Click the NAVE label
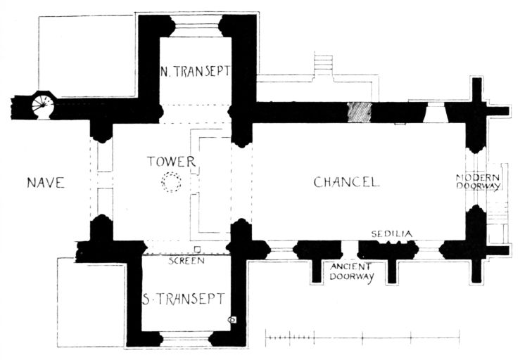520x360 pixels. (46, 183)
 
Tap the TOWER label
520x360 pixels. (172, 162)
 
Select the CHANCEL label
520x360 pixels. (347, 182)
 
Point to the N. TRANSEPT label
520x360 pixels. (195, 71)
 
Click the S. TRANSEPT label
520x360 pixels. (184, 299)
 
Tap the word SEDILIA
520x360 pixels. (392, 234)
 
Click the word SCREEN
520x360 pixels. (186, 261)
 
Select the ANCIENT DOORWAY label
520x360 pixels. (352, 271)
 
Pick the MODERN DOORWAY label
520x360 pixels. (478, 181)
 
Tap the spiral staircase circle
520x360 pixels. (42, 105)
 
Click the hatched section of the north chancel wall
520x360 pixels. (359, 112)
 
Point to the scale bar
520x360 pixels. (362, 338)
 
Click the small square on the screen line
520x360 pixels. (197, 249)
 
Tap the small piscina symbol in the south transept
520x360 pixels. (232, 320)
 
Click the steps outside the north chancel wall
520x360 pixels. (324, 65)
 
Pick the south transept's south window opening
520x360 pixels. (186, 338)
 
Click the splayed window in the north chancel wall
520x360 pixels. (436, 112)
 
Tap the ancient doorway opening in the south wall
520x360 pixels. (350, 250)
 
